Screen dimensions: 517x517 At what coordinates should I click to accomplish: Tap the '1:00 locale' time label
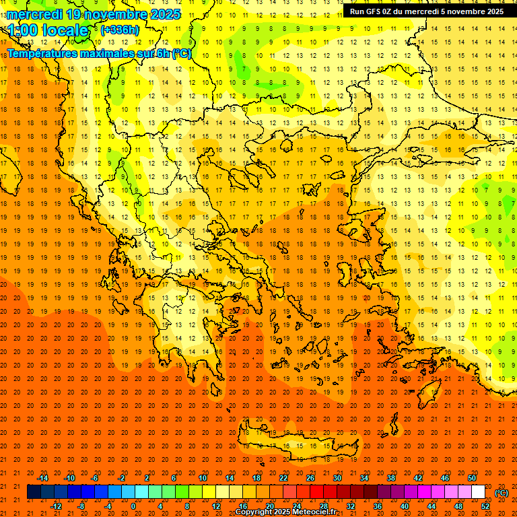coord(48,30)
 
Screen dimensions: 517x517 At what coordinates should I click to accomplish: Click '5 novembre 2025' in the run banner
coord(471,11)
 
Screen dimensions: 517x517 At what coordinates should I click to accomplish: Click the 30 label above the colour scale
coord(337,478)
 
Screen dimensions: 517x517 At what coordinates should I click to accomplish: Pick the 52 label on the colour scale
coord(485,506)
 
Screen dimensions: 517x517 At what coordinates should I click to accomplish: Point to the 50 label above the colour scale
coord(472,478)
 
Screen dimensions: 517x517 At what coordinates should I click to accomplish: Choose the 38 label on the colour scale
coord(391,478)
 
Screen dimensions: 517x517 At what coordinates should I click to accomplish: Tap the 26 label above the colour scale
coord(310,478)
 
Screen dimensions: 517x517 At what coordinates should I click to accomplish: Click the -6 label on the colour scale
coord(96,478)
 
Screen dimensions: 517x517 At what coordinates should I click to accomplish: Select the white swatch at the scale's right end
coord(478,492)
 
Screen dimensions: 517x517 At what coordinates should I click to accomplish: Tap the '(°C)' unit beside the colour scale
coord(502,493)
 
